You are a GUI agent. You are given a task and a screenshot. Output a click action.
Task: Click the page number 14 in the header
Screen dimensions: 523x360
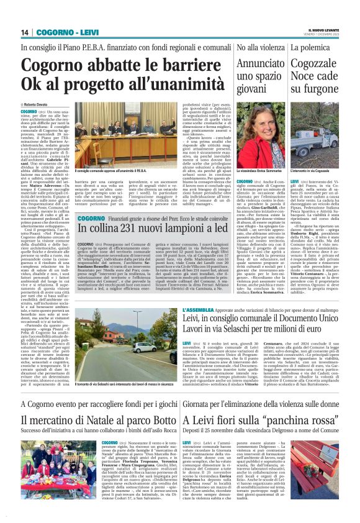[25, 32]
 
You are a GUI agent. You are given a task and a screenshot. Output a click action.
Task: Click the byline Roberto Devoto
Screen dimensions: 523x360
[41, 105]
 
